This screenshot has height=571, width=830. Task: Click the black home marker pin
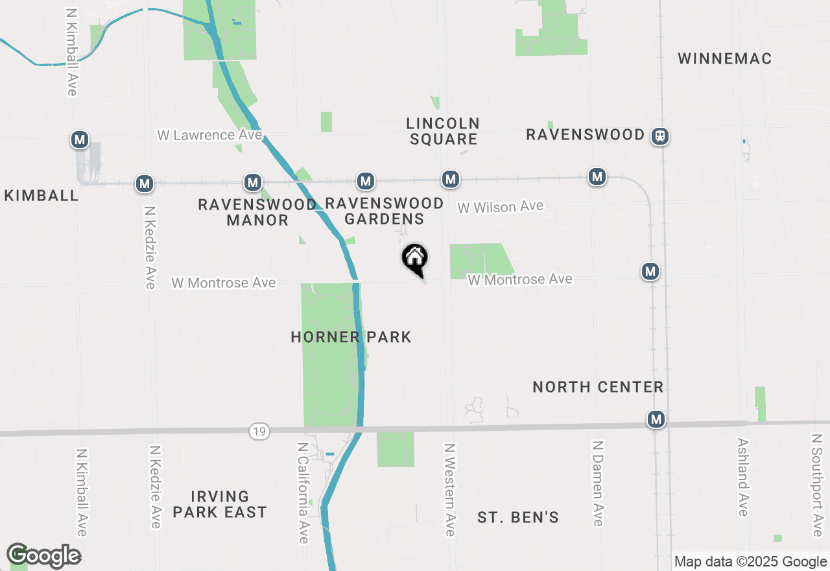pyautogui.click(x=414, y=259)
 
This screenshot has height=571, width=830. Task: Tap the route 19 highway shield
pyautogui.click(x=259, y=431)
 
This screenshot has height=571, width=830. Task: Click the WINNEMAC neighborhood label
pyautogui.click(x=725, y=59)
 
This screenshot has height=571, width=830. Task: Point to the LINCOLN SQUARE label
pyautogui.click(x=444, y=131)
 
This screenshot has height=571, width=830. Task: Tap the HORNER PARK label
pyautogui.click(x=351, y=337)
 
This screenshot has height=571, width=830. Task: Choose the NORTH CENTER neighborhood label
pyautogui.click(x=598, y=387)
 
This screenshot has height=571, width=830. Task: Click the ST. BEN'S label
pyautogui.click(x=518, y=518)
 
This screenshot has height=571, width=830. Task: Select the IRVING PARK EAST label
pyautogui.click(x=220, y=505)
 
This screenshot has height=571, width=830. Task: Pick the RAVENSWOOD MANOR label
pyautogui.click(x=257, y=212)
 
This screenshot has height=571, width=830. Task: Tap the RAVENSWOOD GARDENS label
pyautogui.click(x=385, y=211)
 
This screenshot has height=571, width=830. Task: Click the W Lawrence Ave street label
pyautogui.click(x=209, y=136)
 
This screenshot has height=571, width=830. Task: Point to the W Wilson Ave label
pyautogui.click(x=501, y=207)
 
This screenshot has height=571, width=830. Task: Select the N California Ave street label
pyautogui.click(x=303, y=493)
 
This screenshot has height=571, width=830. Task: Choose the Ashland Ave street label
pyautogui.click(x=743, y=477)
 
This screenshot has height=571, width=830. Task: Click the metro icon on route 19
pyautogui.click(x=656, y=420)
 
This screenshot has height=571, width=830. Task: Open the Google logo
pyautogui.click(x=44, y=555)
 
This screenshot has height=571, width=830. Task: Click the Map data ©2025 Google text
pyautogui.click(x=750, y=562)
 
